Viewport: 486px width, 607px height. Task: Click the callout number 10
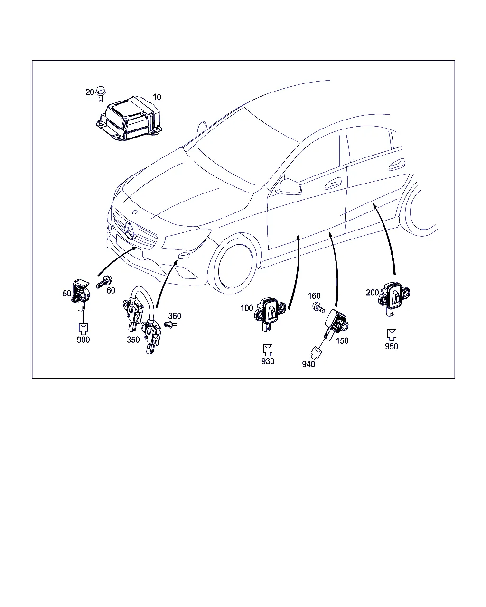(x=157, y=97)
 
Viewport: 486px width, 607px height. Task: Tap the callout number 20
(x=90, y=92)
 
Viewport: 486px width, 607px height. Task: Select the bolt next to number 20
(x=101, y=94)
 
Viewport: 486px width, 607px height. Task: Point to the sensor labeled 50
(x=81, y=294)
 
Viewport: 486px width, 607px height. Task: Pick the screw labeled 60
(x=104, y=282)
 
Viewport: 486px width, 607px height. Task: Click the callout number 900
(x=84, y=340)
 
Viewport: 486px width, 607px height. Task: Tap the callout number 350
(x=133, y=340)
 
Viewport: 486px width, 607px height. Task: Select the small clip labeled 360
(x=170, y=325)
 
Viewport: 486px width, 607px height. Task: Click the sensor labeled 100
(x=270, y=313)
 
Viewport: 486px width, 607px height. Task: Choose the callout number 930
(x=268, y=361)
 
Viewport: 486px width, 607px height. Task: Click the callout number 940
(x=308, y=364)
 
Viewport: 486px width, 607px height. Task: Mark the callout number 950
(x=392, y=346)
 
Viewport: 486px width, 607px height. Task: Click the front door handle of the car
(x=333, y=184)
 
